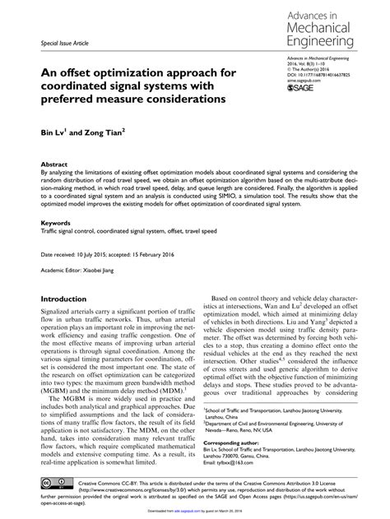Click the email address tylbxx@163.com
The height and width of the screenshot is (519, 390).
[262, 443]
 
